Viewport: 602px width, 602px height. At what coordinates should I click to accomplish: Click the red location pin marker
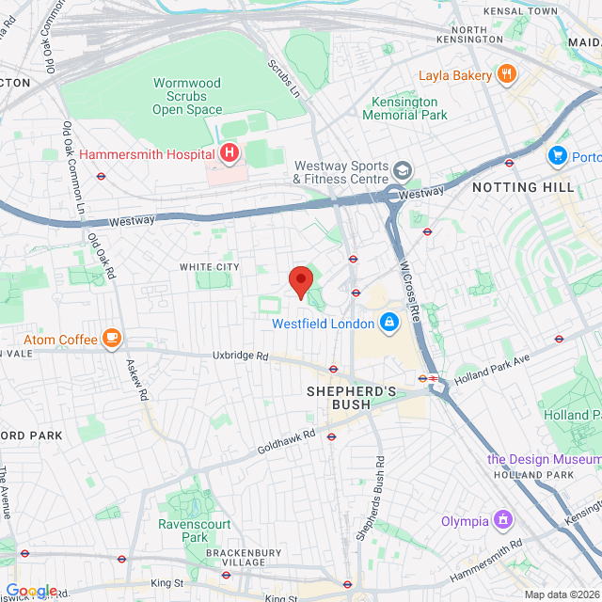pyautogui.click(x=300, y=281)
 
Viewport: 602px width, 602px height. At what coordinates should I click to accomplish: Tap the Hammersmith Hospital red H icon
pyautogui.click(x=229, y=153)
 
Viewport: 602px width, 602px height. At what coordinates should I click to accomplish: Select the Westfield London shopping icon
pyautogui.click(x=388, y=324)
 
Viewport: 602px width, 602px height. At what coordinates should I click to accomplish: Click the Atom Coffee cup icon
pyautogui.click(x=112, y=337)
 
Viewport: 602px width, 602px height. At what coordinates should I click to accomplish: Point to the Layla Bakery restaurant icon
pyautogui.click(x=507, y=75)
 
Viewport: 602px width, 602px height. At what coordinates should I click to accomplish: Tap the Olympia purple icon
pyautogui.click(x=504, y=520)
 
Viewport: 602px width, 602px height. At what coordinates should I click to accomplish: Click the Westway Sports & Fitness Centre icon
pyautogui.click(x=403, y=170)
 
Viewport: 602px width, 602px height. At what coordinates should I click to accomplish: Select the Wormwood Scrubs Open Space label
pyautogui.click(x=189, y=97)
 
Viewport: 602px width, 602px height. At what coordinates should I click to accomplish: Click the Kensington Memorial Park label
pyautogui.click(x=404, y=108)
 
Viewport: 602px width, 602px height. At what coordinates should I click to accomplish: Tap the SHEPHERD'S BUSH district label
pyautogui.click(x=353, y=398)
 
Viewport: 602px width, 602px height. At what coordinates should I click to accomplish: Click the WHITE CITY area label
pyautogui.click(x=210, y=267)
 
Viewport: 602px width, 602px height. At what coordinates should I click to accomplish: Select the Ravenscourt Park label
pyautogui.click(x=182, y=531)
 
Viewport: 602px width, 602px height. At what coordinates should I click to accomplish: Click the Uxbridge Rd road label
pyautogui.click(x=241, y=356)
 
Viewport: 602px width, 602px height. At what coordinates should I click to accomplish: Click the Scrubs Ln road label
pyautogui.click(x=283, y=80)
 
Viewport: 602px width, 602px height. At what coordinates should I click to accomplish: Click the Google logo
pyautogui.click(x=31, y=590)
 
